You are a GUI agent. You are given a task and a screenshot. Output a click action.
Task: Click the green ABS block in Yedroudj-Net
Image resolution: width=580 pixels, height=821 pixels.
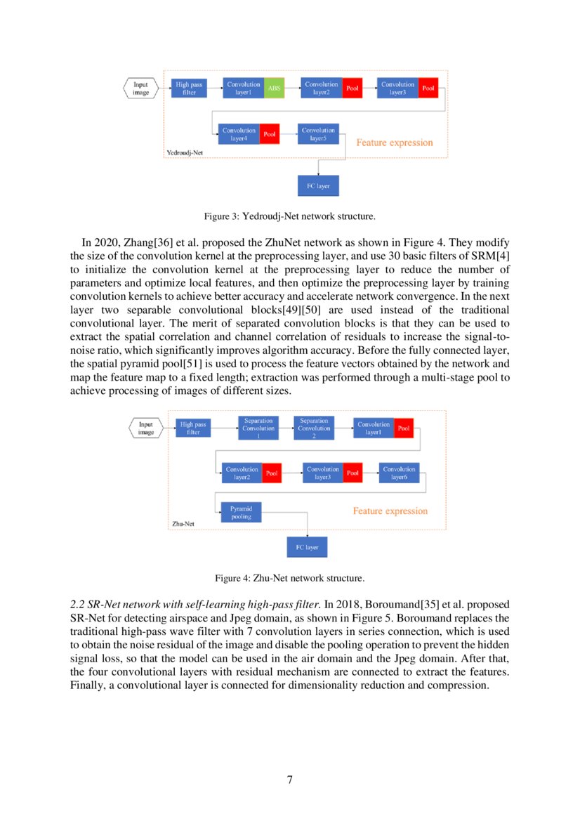point(274,88)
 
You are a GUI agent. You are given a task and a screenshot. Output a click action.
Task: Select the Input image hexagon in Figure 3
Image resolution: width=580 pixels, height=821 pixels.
point(141,88)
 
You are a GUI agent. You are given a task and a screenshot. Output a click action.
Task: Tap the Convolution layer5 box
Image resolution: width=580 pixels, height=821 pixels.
point(319,134)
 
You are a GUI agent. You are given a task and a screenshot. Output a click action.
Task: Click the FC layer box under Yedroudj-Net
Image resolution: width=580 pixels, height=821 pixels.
point(319,186)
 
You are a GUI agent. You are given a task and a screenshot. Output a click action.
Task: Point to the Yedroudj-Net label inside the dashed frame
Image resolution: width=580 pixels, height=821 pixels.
point(185,152)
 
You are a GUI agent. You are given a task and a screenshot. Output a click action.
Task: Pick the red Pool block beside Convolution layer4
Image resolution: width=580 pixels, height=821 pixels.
point(270,134)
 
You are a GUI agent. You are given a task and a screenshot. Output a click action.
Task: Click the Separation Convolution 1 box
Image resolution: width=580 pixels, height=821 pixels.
point(258,428)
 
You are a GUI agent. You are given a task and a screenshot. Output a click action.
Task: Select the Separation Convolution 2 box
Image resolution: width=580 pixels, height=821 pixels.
point(314,428)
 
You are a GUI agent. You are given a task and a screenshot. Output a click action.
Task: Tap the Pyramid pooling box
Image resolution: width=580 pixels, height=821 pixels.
point(241,512)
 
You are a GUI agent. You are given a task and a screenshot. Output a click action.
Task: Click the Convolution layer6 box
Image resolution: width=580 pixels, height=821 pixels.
point(399,473)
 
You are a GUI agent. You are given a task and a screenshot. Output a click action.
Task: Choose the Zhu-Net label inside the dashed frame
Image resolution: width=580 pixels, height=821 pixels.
point(184,524)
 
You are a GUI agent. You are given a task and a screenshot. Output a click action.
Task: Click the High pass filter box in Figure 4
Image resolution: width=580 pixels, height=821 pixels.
point(193,428)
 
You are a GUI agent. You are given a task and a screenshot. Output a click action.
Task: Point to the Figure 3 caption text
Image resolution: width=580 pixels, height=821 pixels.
point(289,215)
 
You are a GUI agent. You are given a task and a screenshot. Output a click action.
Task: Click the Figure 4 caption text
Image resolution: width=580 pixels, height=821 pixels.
point(289,579)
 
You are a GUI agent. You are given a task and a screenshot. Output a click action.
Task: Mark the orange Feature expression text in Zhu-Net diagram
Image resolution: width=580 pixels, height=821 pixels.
point(390,511)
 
